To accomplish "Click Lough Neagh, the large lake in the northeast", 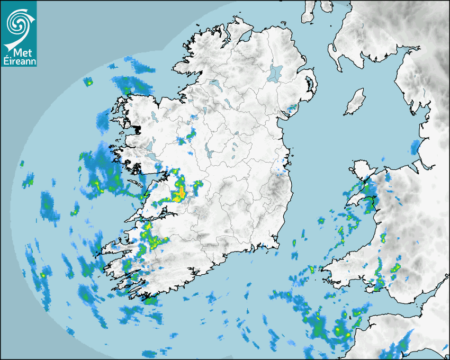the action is (x=276, y=73).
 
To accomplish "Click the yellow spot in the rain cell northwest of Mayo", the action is (x=89, y=83).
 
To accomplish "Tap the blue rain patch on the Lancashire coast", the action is (x=416, y=147).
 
